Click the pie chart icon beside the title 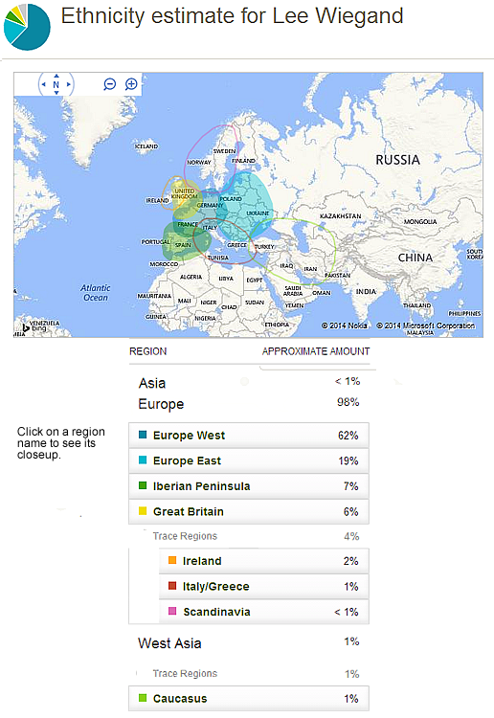[x=28, y=26]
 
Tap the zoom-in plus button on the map [x=131, y=84]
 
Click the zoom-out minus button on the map [x=110, y=84]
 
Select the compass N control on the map [x=56, y=84]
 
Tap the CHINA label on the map [x=415, y=258]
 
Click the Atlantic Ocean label [x=96, y=293]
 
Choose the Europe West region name [x=189, y=436]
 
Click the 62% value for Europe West [x=348, y=436]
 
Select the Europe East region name [x=187, y=460]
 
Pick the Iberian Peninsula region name [x=201, y=486]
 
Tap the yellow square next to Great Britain [x=143, y=512]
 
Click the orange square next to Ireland [x=172, y=561]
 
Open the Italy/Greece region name [x=215, y=586]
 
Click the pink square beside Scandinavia [x=172, y=612]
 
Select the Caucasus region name [x=180, y=699]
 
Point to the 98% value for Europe [x=348, y=403]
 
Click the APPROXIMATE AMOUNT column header [x=316, y=351]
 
